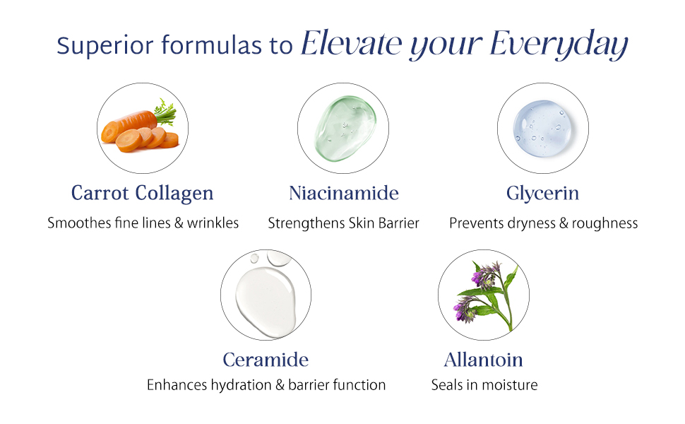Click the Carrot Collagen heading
point(143,193)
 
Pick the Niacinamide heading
point(344,193)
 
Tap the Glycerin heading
point(542,193)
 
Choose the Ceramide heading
point(266,360)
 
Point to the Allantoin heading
point(484,360)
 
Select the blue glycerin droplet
point(542,127)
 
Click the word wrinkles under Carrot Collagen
point(213,223)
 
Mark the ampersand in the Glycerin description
point(559,223)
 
